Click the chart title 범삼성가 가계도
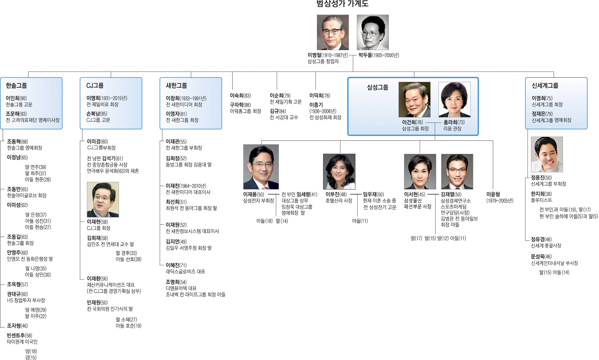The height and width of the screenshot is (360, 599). (342, 4)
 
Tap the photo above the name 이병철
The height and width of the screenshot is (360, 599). (333, 32)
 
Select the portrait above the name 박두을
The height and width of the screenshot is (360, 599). (373, 32)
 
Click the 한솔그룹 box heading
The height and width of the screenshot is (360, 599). (16, 86)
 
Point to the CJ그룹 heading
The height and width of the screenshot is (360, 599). (95, 86)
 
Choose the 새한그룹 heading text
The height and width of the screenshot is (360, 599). (177, 86)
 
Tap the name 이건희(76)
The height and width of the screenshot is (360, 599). (412, 122)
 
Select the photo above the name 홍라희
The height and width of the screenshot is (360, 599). (454, 100)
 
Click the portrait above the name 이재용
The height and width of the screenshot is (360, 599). (261, 167)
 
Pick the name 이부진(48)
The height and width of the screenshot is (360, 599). (336, 194)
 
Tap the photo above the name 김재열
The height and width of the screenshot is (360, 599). (457, 171)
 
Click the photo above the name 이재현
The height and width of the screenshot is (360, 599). (103, 200)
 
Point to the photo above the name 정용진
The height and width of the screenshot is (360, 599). (547, 154)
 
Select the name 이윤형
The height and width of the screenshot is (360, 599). (493, 194)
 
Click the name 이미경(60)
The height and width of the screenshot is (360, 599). (97, 142)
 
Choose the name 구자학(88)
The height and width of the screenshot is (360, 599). (240, 105)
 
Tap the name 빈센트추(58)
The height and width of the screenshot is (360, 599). (19, 336)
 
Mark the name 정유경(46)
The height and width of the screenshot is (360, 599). (541, 240)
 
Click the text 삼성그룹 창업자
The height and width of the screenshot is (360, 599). (323, 61)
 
